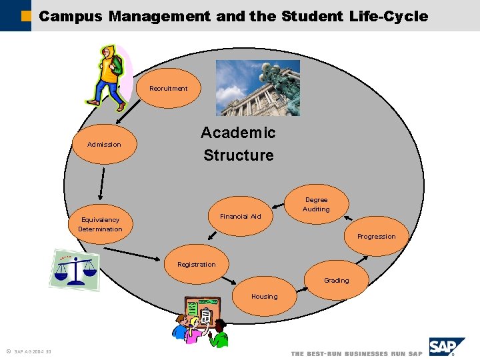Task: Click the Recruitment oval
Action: coord(168,88)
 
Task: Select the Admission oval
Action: coord(104,145)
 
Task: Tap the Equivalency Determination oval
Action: coord(100,224)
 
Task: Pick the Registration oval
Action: coord(197,265)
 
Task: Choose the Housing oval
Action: coord(264,296)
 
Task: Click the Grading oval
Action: coord(337,281)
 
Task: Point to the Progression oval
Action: coord(376,237)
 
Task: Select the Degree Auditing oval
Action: coord(316,204)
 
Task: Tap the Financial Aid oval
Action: coord(240,216)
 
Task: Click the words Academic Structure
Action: coord(239,144)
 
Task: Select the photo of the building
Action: coord(258,88)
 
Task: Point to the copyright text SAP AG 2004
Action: coord(31,352)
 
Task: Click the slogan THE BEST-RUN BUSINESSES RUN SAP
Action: coord(356,353)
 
